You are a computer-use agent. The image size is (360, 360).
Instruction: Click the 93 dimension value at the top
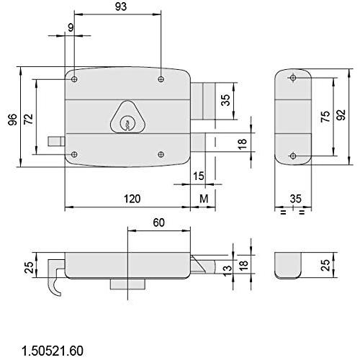click(121, 6)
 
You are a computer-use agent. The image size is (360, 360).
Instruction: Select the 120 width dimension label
click(132, 199)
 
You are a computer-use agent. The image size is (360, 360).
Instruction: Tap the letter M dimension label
click(204, 199)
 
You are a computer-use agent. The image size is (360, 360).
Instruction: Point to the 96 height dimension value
click(12, 120)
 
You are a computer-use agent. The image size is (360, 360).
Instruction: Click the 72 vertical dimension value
click(29, 120)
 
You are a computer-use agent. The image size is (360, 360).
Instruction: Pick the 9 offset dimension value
click(71, 28)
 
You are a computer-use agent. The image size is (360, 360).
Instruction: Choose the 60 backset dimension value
click(159, 222)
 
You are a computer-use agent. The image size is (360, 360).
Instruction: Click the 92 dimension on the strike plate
click(341, 114)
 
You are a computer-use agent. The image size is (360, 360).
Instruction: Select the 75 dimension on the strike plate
click(325, 117)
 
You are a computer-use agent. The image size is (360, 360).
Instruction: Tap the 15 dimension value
click(199, 176)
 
